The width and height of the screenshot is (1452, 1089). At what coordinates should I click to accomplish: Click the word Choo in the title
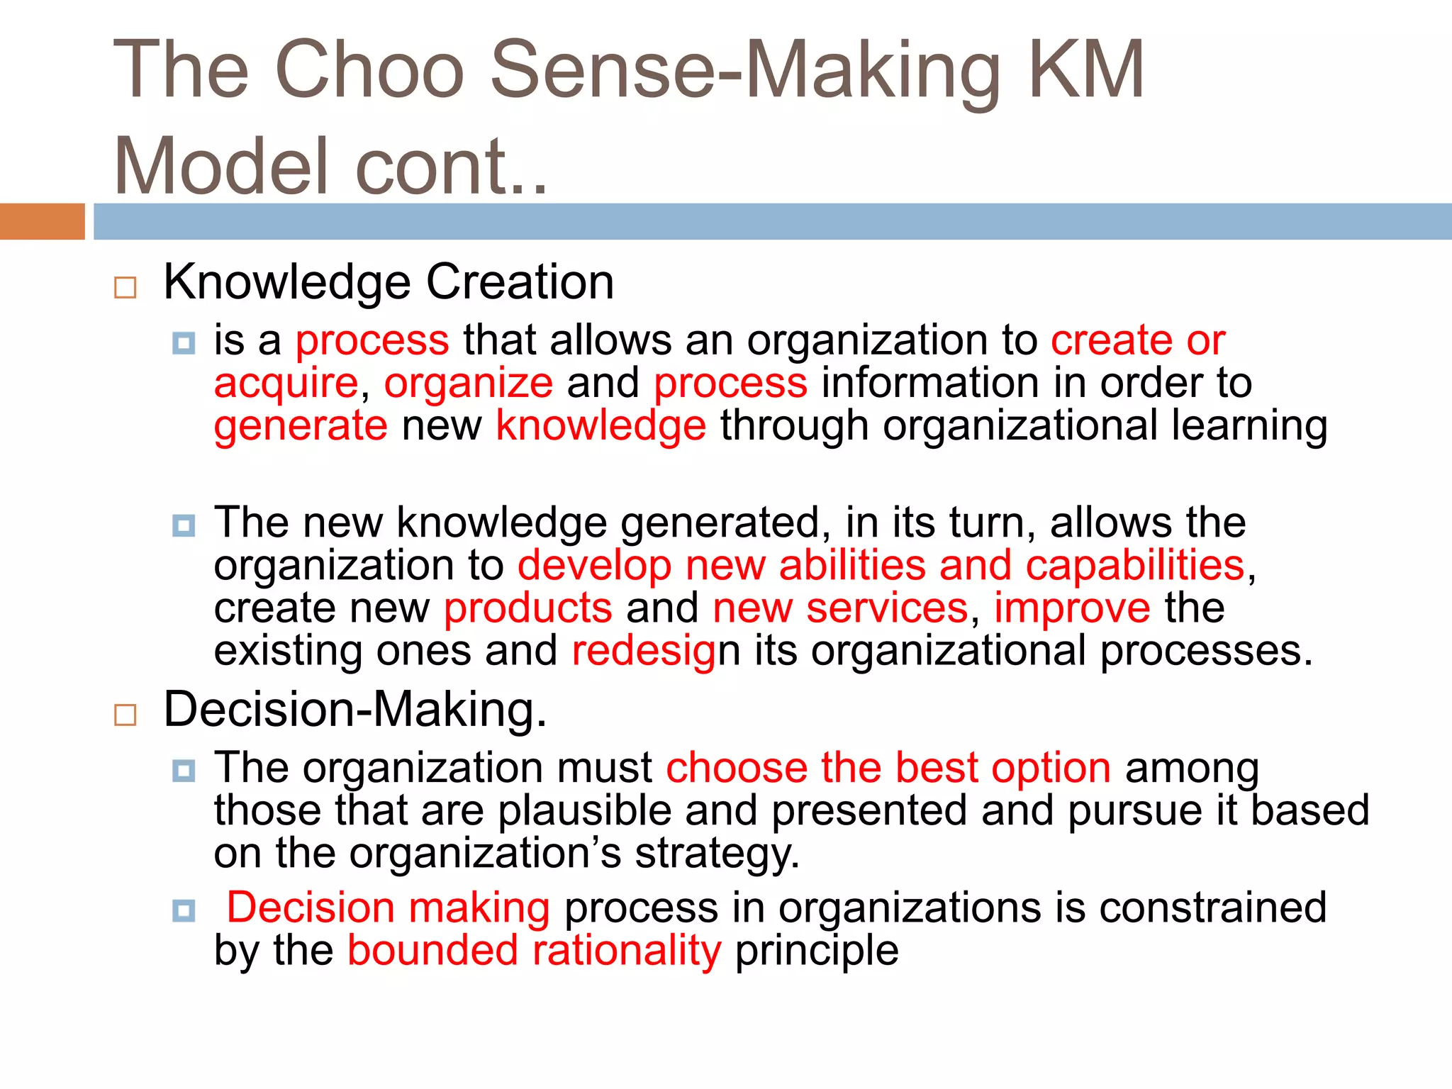point(369,69)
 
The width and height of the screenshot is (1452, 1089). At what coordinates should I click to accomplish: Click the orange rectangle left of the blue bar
point(42,221)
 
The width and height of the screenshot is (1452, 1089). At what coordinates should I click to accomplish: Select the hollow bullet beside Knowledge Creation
point(125,287)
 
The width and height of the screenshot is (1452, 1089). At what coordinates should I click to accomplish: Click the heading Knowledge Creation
point(388,282)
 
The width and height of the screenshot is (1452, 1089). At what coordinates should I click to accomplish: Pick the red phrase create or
point(1137,340)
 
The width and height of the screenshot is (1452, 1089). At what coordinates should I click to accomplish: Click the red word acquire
point(286,384)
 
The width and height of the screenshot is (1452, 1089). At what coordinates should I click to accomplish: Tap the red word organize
point(468,384)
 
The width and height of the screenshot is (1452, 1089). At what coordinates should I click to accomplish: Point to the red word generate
point(301,426)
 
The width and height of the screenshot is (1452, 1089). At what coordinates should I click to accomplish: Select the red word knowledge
point(601,426)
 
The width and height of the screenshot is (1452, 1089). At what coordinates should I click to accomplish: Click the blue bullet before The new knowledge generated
point(184,525)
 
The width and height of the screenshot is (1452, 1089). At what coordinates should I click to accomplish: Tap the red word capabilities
point(1134,566)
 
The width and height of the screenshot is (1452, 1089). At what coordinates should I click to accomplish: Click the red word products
point(527,608)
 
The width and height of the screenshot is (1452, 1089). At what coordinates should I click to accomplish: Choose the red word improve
point(1071,608)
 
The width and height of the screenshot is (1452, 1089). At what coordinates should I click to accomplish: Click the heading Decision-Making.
point(354,709)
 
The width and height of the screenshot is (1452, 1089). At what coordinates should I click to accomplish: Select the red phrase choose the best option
point(888,768)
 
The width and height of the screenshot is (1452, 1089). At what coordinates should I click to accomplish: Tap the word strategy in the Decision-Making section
point(716,854)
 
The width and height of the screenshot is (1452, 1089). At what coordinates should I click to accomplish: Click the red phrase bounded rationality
point(534,950)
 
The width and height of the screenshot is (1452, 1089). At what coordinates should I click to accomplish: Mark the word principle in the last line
point(817,950)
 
